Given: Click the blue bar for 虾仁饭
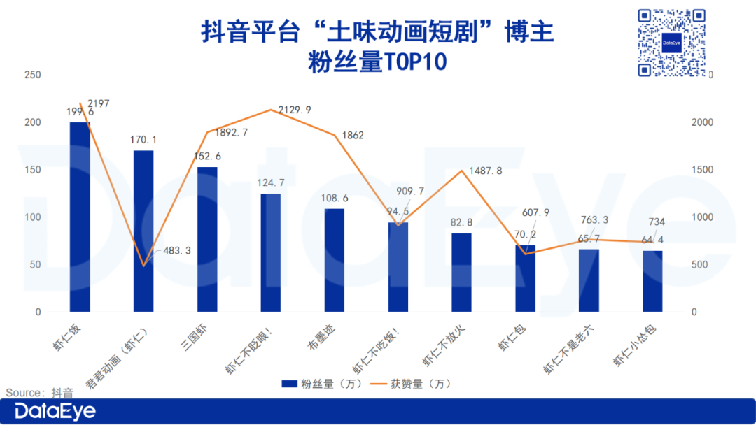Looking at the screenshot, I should pyautogui.click(x=80, y=217).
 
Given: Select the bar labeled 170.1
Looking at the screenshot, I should pyautogui.click(x=143, y=231).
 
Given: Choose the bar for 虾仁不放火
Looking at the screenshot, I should pyautogui.click(x=461, y=272).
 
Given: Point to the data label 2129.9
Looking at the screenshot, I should pyautogui.click(x=295, y=110).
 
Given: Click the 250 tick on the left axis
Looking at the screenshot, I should pyautogui.click(x=32, y=75).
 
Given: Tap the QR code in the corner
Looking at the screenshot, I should pyautogui.click(x=671, y=43).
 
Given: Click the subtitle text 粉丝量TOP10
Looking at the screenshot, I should pyautogui.click(x=377, y=63).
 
